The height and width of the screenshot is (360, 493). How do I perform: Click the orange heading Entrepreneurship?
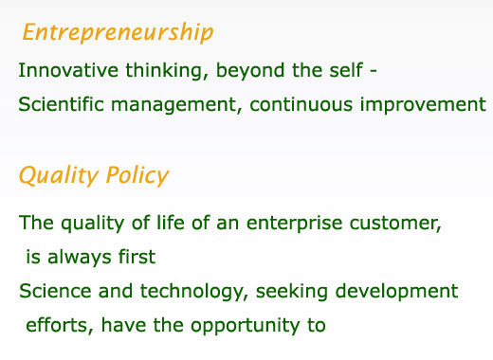119,33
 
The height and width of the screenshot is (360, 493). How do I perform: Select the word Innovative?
68,70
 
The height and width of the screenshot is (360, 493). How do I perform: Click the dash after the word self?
374,72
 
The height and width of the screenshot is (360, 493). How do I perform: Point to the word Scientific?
61,104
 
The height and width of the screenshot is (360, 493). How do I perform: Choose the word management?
173,105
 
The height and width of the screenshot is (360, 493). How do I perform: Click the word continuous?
301,104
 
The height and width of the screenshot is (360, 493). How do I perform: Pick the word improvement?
423,105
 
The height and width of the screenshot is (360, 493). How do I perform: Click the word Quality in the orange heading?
59,175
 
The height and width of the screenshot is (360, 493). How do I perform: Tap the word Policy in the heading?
137,175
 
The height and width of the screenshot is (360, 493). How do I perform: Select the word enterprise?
295,224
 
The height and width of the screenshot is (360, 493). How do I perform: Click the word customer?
395,224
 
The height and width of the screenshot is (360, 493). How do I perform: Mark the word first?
137,257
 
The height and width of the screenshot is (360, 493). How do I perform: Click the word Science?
55,291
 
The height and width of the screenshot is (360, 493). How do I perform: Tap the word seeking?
292,292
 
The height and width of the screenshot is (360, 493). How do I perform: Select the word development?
396,292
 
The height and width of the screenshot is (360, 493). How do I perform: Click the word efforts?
60,325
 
